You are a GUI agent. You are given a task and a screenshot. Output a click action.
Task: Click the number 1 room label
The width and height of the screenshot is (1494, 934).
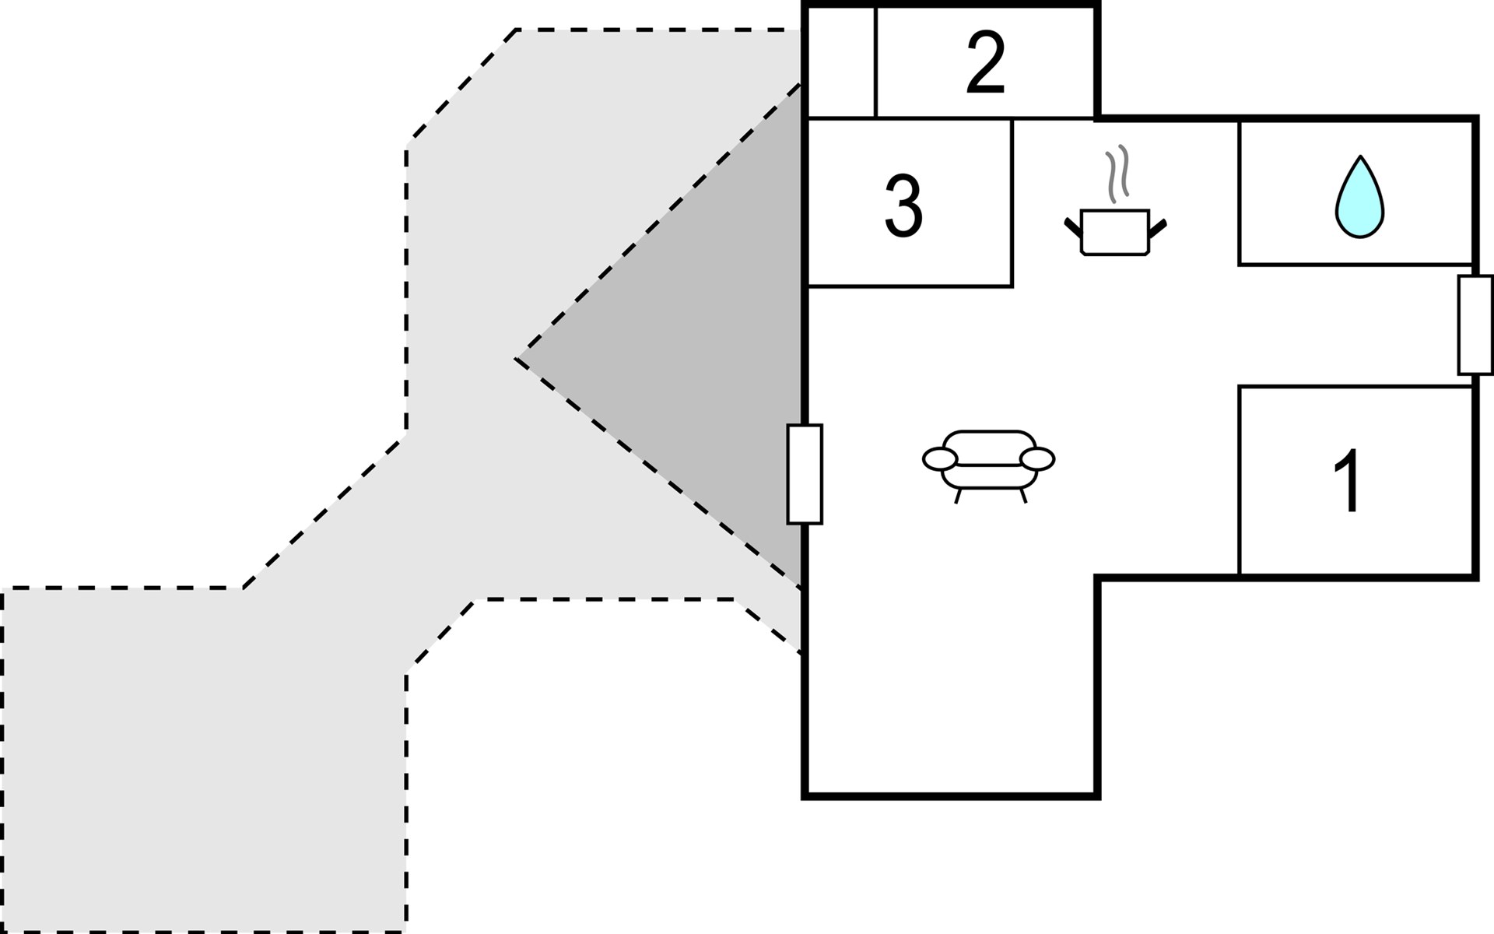[x=1348, y=480]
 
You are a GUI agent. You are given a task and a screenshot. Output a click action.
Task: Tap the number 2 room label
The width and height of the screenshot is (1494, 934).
[x=986, y=63]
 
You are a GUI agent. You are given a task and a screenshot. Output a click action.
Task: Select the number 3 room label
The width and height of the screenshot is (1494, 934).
[x=903, y=205]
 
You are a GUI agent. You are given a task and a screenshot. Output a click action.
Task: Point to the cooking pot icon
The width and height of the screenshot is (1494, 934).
[x=1115, y=200]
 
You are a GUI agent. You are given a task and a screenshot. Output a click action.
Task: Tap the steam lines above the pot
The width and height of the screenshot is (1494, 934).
[x=1117, y=174]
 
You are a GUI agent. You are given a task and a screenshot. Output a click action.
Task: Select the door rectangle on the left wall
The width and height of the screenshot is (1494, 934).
[x=805, y=474]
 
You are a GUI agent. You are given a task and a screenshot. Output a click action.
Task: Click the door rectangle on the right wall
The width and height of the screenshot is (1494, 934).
[x=1475, y=325]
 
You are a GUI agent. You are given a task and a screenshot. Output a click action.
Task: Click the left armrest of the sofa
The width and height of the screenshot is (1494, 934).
[x=939, y=459]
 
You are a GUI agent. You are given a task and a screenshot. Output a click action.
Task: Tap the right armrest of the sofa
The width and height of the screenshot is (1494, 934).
[x=1037, y=459]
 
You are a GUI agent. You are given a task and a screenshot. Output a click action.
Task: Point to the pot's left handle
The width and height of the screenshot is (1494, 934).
[x=1073, y=227]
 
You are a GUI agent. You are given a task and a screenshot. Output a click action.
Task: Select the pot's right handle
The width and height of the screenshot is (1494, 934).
[x=1158, y=227]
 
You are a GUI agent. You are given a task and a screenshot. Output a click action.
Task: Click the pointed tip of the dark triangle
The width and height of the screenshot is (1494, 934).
[x=516, y=359]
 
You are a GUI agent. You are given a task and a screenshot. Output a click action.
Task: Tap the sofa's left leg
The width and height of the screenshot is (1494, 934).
[x=959, y=496]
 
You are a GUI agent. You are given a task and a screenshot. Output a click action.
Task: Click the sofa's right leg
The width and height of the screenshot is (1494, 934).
[x=1023, y=496]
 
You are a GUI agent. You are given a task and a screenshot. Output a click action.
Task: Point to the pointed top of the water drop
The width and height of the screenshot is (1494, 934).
[x=1360, y=156]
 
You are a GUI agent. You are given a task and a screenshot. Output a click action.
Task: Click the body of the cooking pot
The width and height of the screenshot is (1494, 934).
[x=1115, y=232]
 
